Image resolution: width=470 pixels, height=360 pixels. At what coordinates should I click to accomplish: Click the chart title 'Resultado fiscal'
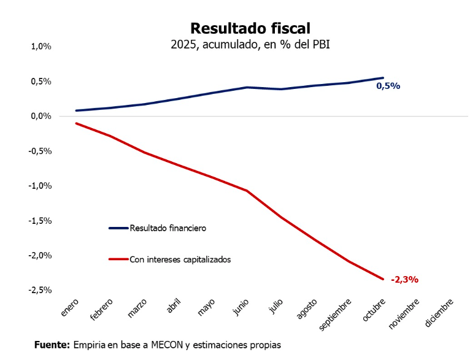point(250,28)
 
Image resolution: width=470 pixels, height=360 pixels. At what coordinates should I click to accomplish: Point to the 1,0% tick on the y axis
point(41,47)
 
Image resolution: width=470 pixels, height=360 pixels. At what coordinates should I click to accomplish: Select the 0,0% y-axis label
point(41,116)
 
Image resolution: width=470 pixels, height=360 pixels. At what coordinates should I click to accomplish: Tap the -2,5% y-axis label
point(40,289)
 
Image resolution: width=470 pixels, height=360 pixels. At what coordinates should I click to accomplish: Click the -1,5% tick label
point(40,220)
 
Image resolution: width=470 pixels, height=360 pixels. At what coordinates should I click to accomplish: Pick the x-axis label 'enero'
point(70,308)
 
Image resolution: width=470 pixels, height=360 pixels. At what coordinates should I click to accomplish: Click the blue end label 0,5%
point(388,86)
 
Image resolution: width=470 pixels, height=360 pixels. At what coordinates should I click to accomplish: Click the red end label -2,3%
point(404,280)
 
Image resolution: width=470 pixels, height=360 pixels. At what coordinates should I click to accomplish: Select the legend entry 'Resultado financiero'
point(167,228)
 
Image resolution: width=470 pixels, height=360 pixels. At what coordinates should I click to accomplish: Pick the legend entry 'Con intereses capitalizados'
point(180,259)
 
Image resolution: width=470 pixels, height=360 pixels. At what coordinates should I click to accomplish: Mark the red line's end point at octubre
point(383,279)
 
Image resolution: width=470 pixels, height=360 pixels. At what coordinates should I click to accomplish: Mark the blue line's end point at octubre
point(383,78)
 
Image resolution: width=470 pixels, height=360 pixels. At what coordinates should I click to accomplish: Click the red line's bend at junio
point(247,191)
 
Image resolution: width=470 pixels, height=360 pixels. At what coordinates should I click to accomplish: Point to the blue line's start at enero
point(76,110)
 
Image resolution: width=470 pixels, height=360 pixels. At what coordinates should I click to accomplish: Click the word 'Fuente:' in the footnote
point(52,345)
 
